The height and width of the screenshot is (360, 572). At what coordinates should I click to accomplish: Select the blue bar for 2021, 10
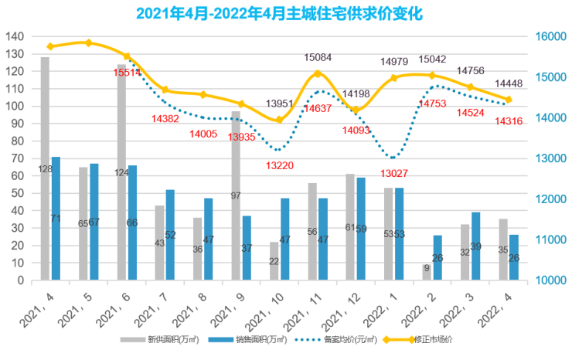point(284,239)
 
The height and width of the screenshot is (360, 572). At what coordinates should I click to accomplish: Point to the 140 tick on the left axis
point(14,36)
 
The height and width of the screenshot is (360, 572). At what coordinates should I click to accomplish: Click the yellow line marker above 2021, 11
point(318,73)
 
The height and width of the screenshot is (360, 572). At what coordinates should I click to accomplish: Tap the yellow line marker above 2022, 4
point(509,100)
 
